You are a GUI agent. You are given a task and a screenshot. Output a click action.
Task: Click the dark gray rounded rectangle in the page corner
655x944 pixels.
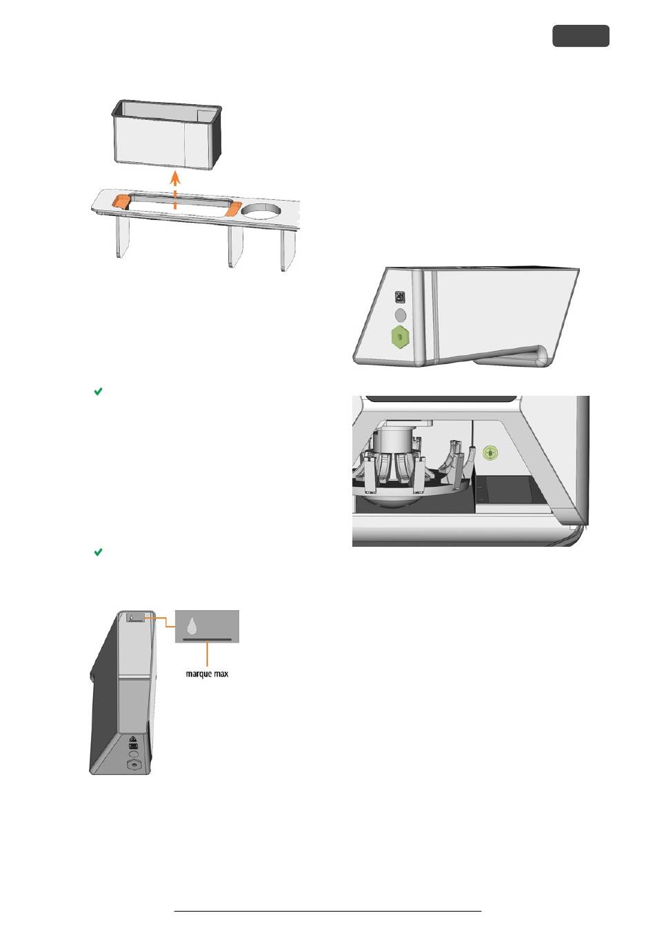click(x=581, y=36)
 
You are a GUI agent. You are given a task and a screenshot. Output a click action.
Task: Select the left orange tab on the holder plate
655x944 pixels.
click(x=121, y=201)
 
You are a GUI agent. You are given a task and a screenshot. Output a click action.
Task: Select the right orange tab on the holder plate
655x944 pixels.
click(x=233, y=209)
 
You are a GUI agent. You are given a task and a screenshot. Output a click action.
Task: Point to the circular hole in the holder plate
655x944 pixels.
click(x=262, y=211)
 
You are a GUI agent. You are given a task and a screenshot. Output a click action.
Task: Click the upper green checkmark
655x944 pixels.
click(x=98, y=392)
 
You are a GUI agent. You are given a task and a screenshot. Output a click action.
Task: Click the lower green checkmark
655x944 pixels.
click(x=98, y=552)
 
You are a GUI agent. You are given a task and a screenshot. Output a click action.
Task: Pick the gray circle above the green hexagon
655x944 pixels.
click(x=400, y=314)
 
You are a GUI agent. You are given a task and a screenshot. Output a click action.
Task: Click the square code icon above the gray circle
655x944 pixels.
click(x=400, y=297)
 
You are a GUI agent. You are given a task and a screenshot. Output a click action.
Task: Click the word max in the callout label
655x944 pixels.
click(x=221, y=674)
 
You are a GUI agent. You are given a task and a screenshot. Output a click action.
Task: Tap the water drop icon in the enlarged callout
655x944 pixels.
click(x=192, y=626)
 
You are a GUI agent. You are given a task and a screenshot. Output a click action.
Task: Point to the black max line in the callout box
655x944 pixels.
click(x=208, y=639)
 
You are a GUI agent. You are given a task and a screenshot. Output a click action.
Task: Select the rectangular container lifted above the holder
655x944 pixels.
click(x=166, y=134)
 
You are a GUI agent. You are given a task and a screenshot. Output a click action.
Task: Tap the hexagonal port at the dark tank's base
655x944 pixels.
click(x=134, y=764)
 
